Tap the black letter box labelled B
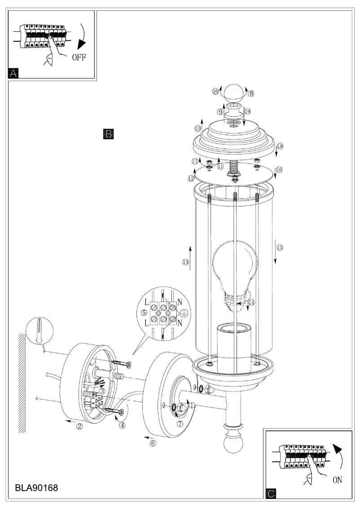pyautogui.click(x=108, y=133)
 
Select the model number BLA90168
pyautogui.click(x=36, y=487)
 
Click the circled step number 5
pyautogui.click(x=144, y=313)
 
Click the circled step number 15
pyautogui.click(x=280, y=247)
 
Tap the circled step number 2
pyautogui.click(x=79, y=426)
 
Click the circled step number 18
pyautogui.click(x=280, y=146)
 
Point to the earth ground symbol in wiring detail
pyautogui.click(x=184, y=315)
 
